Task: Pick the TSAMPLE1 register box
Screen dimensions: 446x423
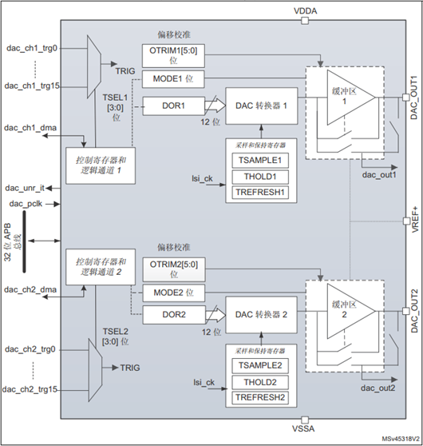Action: click(260, 160)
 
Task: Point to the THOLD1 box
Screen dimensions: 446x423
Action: click(260, 177)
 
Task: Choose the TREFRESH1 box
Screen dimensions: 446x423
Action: click(260, 193)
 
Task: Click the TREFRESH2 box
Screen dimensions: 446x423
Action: click(260, 397)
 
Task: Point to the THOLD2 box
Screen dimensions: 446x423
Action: click(260, 381)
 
